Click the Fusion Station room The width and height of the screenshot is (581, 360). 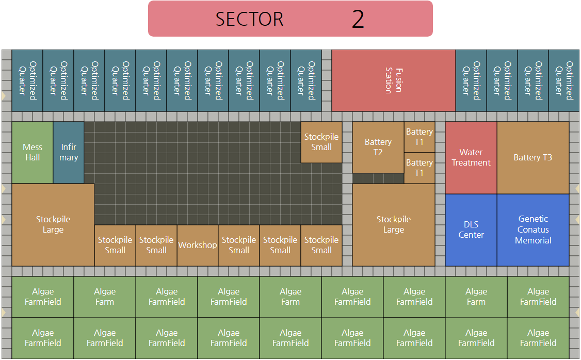click(x=393, y=80)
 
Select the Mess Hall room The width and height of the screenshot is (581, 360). click(x=33, y=153)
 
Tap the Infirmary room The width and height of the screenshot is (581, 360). click(x=69, y=153)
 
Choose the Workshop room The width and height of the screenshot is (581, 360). click(x=198, y=246)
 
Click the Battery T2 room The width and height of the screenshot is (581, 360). click(x=378, y=148)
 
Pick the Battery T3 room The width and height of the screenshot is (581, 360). click(x=532, y=158)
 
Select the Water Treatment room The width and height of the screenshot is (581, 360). click(x=471, y=158)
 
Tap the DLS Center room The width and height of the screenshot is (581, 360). click(x=471, y=230)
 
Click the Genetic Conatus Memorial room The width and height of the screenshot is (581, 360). click(x=532, y=230)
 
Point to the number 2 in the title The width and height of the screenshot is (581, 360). click(x=358, y=19)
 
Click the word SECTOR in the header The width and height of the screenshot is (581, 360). click(x=249, y=19)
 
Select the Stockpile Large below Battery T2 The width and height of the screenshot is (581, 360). click(x=393, y=225)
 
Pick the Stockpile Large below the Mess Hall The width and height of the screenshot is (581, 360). click(x=53, y=225)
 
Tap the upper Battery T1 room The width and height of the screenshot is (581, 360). click(x=419, y=137)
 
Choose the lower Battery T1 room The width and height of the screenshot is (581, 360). click(x=419, y=168)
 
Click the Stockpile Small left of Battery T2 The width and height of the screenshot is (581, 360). click(x=321, y=142)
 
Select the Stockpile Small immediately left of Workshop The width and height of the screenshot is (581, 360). click(x=156, y=246)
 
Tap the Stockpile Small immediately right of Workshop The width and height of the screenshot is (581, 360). click(x=239, y=246)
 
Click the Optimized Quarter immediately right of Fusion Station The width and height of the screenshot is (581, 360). click(x=471, y=80)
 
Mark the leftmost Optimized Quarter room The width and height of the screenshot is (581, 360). click(x=27, y=80)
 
